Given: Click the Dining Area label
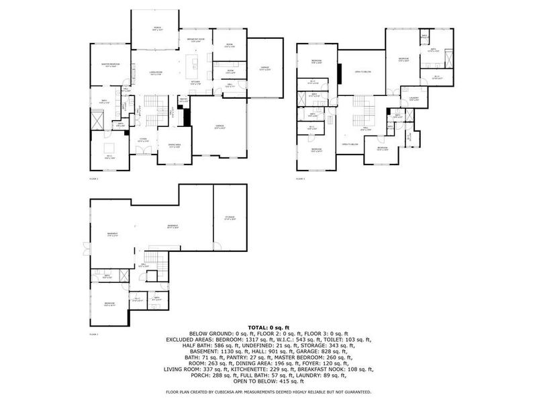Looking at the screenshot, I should (173, 146).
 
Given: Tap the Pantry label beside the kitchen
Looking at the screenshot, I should (183, 101).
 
